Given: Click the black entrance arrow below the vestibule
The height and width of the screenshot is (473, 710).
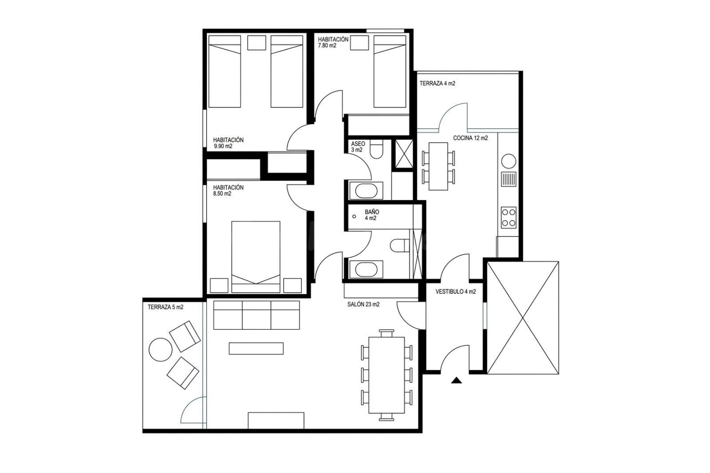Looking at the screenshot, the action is pos(456,380).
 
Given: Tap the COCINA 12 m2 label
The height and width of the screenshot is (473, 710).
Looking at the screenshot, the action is pos(470,138).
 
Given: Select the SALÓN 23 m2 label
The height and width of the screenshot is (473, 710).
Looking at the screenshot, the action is pos(363,304).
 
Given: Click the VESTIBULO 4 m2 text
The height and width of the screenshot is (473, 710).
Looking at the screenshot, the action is pos(455,292).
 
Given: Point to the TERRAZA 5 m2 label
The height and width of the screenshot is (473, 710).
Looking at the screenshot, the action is pos(166,307).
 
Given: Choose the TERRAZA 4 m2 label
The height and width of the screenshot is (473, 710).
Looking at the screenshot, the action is pos(438,83).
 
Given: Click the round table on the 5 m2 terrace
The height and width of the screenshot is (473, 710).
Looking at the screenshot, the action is pos(160,350).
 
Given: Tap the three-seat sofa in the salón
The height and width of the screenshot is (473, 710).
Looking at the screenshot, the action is pos(256,315).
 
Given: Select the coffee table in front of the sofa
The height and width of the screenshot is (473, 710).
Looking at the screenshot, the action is pos(256,348).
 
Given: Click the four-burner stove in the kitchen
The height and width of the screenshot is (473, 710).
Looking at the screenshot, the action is pos(509,217).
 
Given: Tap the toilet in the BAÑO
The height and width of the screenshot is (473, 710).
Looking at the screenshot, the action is pos(399,245).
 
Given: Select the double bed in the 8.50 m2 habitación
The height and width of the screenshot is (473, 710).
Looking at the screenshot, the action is pos(256,257).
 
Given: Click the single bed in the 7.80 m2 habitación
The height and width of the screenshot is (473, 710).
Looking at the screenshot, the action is pos(390,71).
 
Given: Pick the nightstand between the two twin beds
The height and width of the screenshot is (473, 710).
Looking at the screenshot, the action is pos(256,43).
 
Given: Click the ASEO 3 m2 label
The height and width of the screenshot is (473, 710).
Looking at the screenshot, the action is pos(358,147).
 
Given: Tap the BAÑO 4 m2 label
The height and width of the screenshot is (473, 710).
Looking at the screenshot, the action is pos(371,215).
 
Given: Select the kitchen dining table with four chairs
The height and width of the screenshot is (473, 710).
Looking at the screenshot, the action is pos(438,166).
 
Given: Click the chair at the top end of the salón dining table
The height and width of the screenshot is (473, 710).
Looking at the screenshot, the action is pos(387,333).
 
